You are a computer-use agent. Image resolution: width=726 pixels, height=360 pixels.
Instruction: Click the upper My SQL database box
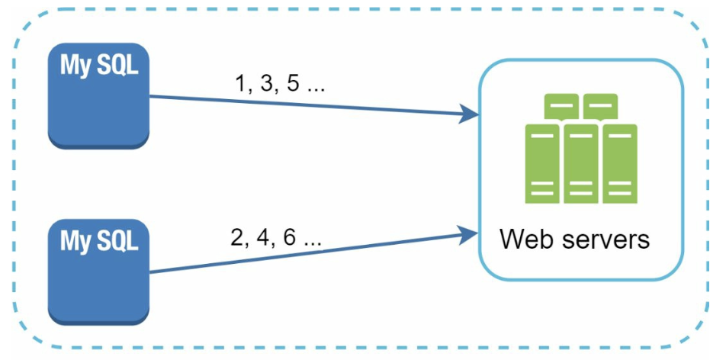(x=98, y=95)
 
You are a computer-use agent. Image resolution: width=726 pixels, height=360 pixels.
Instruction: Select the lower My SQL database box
(x=98, y=272)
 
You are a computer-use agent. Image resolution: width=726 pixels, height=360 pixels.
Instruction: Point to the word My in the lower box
(x=75, y=243)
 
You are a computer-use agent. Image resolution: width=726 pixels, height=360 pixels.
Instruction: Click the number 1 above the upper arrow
(x=243, y=83)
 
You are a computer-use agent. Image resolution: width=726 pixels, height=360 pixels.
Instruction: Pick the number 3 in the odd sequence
(x=265, y=83)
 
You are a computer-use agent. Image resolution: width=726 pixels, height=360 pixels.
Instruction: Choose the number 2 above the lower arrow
(x=238, y=238)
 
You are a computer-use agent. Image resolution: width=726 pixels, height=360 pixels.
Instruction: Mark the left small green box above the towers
(x=561, y=105)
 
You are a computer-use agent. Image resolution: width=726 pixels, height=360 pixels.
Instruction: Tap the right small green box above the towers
(x=600, y=105)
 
